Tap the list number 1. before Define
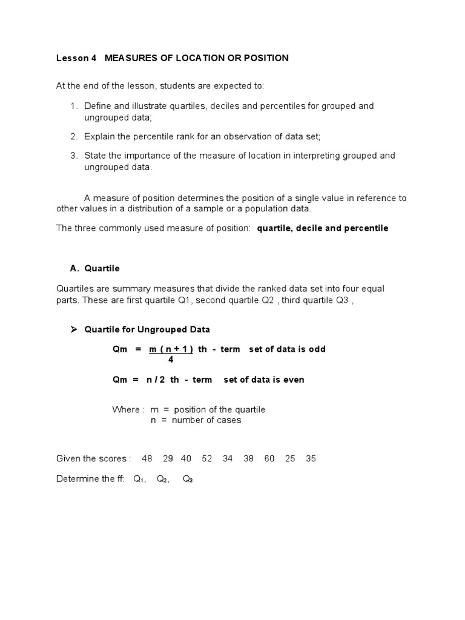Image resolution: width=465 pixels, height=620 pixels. [74, 106]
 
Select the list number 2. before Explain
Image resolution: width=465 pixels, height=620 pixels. [74, 136]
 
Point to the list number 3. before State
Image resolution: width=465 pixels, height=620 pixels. [74, 156]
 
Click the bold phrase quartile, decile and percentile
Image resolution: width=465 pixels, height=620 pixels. [323, 228]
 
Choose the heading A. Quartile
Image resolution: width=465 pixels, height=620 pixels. [95, 268]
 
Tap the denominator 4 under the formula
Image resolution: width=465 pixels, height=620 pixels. [171, 360]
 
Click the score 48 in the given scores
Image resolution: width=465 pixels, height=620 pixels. [147, 458]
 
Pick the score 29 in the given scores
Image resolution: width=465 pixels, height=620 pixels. [168, 458]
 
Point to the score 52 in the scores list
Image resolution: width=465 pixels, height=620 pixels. [207, 458]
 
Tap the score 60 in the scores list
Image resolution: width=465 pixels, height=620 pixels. [269, 458]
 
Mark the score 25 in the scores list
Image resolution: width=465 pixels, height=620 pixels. [290, 458]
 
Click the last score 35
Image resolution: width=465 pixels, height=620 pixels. [311, 458]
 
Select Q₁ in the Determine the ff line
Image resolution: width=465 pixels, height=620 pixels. [139, 479]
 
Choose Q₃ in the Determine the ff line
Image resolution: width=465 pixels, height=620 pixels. [188, 479]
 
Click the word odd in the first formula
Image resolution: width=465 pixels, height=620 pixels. [317, 350]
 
